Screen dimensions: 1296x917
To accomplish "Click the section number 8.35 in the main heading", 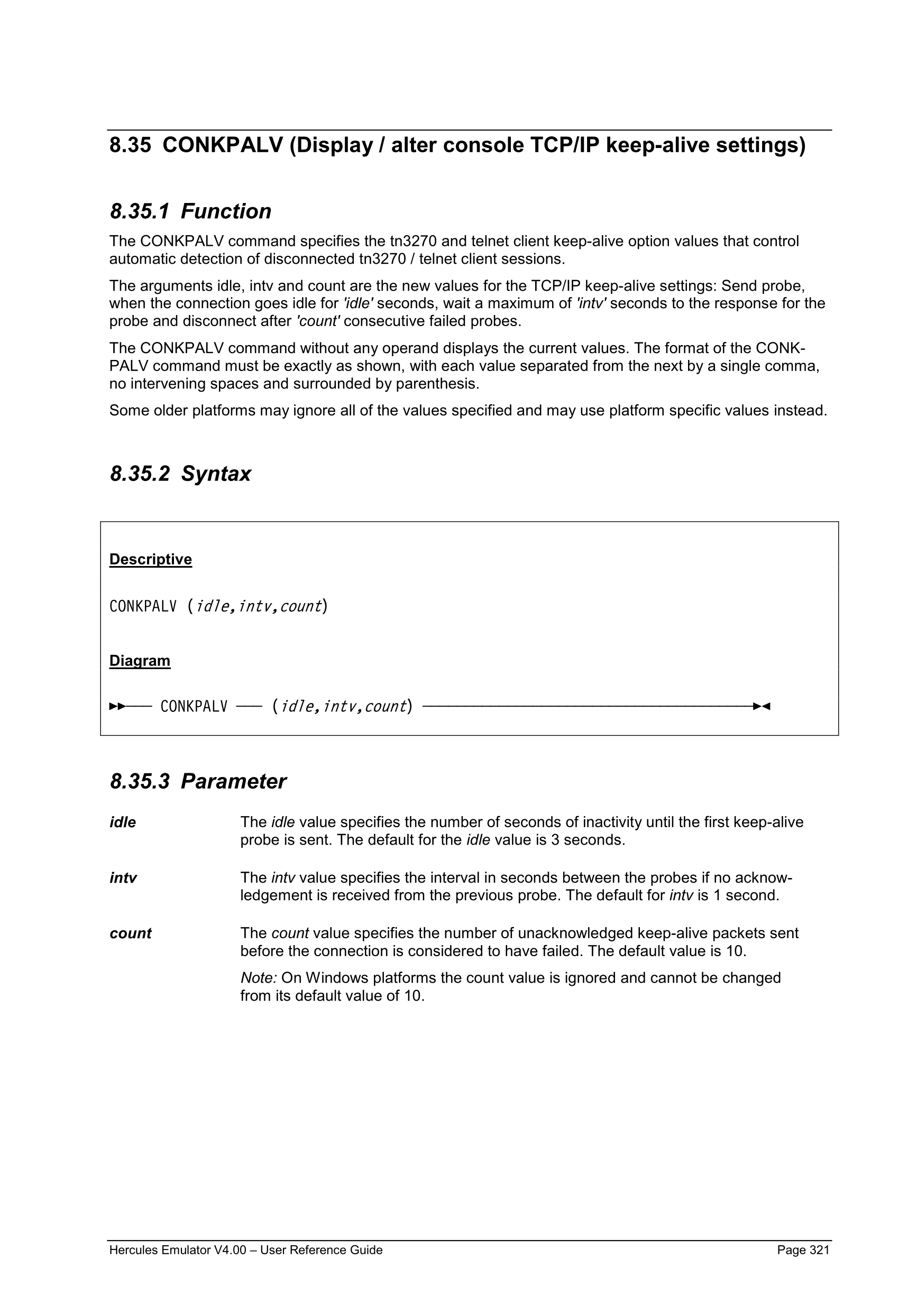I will (x=131, y=146).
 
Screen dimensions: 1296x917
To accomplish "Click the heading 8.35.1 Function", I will (x=190, y=211).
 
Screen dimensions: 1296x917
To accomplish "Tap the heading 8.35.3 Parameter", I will (x=198, y=781).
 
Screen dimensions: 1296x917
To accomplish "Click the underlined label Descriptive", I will (x=151, y=559).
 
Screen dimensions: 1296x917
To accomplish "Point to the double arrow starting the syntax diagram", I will (x=117, y=706).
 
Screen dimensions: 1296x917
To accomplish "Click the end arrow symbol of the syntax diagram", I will (x=762, y=706).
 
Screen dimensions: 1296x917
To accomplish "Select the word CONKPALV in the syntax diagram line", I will (x=194, y=706).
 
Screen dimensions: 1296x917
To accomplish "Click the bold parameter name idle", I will (x=123, y=822).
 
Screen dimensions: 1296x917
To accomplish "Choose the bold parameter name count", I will (x=131, y=933).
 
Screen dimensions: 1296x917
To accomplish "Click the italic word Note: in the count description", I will (x=259, y=978).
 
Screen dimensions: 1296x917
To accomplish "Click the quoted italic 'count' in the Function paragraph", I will (x=318, y=321).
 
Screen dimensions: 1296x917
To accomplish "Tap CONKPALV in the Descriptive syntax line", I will (x=143, y=606).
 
